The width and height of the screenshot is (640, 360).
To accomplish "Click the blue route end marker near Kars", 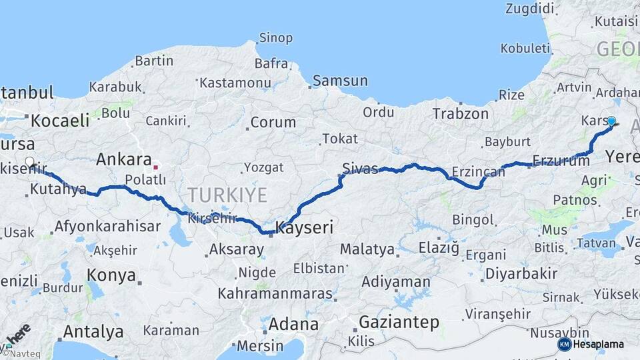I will pos(611,121).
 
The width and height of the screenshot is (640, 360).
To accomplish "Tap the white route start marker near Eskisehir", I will pos(29,161).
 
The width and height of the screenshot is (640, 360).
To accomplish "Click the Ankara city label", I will pos(123,159).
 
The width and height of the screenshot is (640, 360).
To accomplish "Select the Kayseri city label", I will pos(304,228).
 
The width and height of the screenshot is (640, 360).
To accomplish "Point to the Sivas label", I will pos(360,168).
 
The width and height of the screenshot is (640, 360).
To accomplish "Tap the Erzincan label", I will pos(478,172).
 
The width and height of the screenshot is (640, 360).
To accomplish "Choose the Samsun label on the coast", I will pos(340,81).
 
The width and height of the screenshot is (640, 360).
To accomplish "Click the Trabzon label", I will pos(460,114).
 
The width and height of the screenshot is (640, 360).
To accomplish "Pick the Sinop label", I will pos(275,38).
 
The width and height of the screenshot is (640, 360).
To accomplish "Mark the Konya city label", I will pos(111,275).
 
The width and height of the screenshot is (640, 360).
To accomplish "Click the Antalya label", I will pos(93,331).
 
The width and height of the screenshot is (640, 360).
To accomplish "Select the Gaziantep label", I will pos(399,323).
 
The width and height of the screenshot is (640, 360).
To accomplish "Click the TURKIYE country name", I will pos(227,195).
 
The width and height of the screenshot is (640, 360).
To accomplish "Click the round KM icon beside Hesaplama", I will pos(564,344).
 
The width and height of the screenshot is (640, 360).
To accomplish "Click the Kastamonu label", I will pos(233,82).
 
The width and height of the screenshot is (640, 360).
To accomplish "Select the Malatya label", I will pos(367,249).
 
